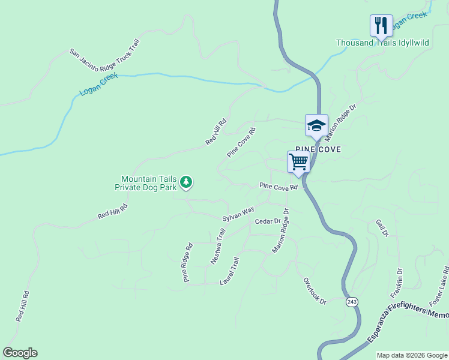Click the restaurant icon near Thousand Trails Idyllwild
point(381,26)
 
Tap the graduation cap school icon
point(316,125)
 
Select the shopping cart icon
point(298,161)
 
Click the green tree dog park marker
point(187,182)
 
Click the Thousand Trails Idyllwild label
point(378,43)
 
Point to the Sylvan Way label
point(238,214)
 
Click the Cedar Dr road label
point(268,221)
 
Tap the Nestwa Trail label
point(217,250)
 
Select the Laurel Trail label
point(229,271)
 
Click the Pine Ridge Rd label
point(188,262)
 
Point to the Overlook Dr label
point(314,290)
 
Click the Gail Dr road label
point(382,227)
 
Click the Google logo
point(20,353)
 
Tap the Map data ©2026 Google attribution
point(411,355)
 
